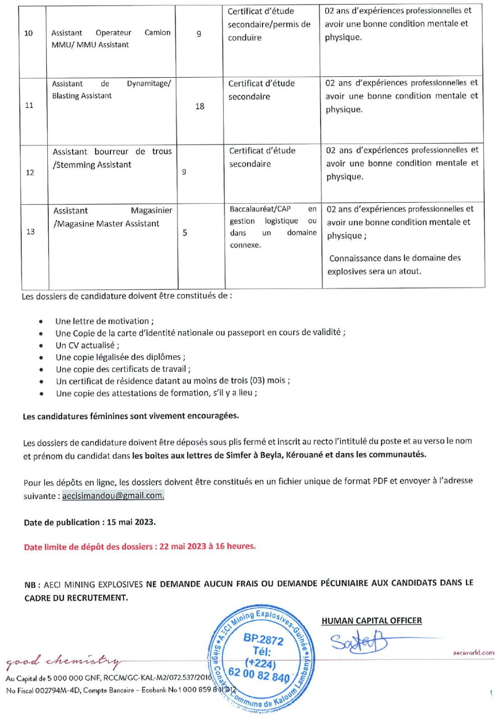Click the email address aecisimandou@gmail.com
[x=113, y=496]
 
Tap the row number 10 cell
[x=28, y=33]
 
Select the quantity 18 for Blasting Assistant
[x=200, y=106]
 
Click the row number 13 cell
[x=31, y=232]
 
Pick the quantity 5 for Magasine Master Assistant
[x=185, y=232]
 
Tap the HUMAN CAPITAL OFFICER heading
[x=372, y=621]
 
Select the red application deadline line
[x=140, y=546]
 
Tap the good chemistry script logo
[x=63, y=660]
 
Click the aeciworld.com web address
[x=473, y=652]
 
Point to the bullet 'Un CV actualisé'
[x=87, y=345]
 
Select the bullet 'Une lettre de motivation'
[x=104, y=321]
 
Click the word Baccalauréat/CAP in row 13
[x=260, y=209]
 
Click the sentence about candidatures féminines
[x=131, y=416]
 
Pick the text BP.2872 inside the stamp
[x=263, y=639]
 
